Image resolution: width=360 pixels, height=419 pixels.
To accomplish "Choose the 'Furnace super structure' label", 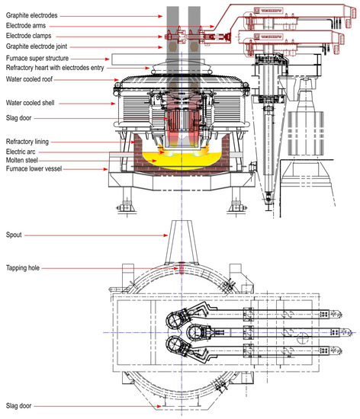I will (37, 58).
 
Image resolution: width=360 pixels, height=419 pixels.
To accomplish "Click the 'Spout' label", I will (14, 235).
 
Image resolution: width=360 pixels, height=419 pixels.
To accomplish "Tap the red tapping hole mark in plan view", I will (182, 267).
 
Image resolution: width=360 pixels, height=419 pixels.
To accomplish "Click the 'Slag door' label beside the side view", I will (18, 117).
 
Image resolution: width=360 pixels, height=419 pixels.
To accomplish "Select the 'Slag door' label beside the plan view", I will (18, 406).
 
